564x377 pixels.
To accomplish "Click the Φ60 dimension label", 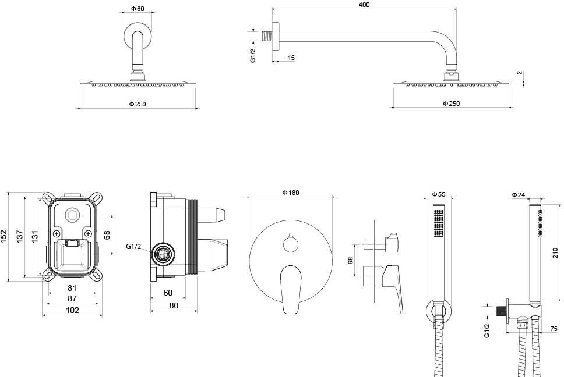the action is pos(138,8).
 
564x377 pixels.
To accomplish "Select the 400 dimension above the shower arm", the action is pos(364,5).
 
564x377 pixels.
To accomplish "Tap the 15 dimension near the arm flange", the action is pos(291,58).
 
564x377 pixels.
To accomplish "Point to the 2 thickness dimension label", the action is pos(519,73).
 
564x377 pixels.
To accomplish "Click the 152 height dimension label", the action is pos(4,237).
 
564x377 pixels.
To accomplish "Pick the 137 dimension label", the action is pos(20,237).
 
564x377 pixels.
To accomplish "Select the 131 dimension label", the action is pos(35,237).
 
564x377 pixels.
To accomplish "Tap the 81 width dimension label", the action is pos(72,287).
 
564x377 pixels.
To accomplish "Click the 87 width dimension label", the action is pos(72,298).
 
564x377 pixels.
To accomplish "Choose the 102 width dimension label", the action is pos(72,310).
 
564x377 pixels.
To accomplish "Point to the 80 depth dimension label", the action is pos(174,305).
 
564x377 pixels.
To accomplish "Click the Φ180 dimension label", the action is pos(291,193).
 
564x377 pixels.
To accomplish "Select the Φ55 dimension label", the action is pos(439,194).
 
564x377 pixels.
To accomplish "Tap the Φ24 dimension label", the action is pos(519,195).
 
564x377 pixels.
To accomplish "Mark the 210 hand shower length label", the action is pos(555,252).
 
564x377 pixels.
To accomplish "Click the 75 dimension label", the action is pos(554,329).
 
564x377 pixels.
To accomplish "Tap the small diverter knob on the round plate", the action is pos(291,243).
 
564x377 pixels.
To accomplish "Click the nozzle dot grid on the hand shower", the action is pos(439,223).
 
